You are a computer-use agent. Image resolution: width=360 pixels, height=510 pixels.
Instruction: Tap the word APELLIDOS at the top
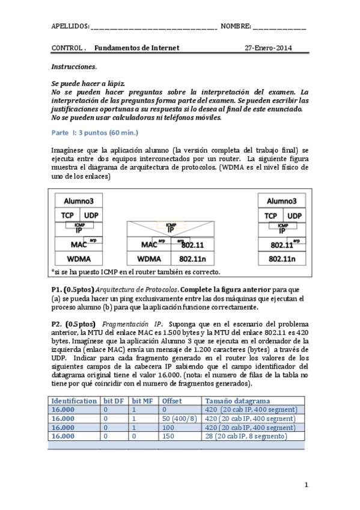(70, 26)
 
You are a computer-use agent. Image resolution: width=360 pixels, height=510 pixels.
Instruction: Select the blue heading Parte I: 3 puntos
(95, 132)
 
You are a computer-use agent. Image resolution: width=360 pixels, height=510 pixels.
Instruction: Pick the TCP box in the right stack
(270, 215)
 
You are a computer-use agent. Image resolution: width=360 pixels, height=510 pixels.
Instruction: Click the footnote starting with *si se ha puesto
(136, 272)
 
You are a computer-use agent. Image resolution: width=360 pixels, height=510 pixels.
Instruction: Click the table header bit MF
(143, 401)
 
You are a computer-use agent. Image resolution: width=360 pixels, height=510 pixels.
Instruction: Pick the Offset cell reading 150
(169, 436)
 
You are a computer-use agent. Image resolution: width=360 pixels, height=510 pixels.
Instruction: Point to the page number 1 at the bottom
(306, 485)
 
